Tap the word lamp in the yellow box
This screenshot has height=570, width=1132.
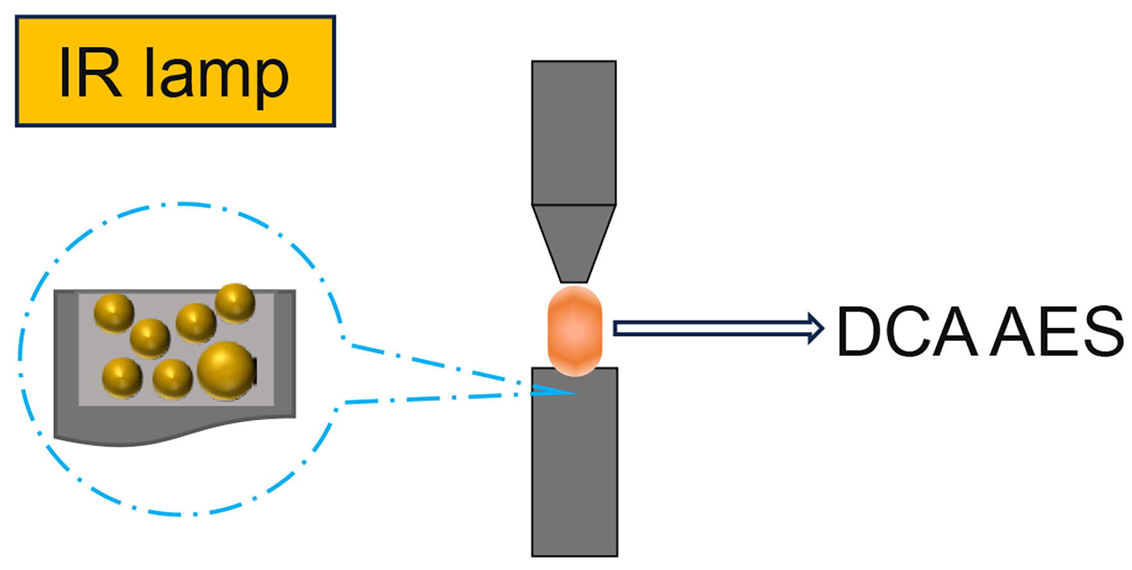coord(216,76)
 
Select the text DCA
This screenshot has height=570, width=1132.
coord(907,332)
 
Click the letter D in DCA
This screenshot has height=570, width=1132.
coord(861,332)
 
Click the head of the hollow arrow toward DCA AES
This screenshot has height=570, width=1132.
coord(816,328)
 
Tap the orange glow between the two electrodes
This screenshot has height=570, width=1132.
coord(574,331)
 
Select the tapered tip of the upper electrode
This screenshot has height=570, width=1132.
coord(574,243)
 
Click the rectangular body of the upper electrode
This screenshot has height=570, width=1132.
coord(574,133)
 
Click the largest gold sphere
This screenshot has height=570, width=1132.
coord(226,370)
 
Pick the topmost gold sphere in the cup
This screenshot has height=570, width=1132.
coord(235,302)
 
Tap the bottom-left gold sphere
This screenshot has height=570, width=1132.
coord(122,378)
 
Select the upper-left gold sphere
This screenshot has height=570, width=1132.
coord(114,313)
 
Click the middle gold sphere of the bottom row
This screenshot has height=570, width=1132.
coord(172,378)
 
